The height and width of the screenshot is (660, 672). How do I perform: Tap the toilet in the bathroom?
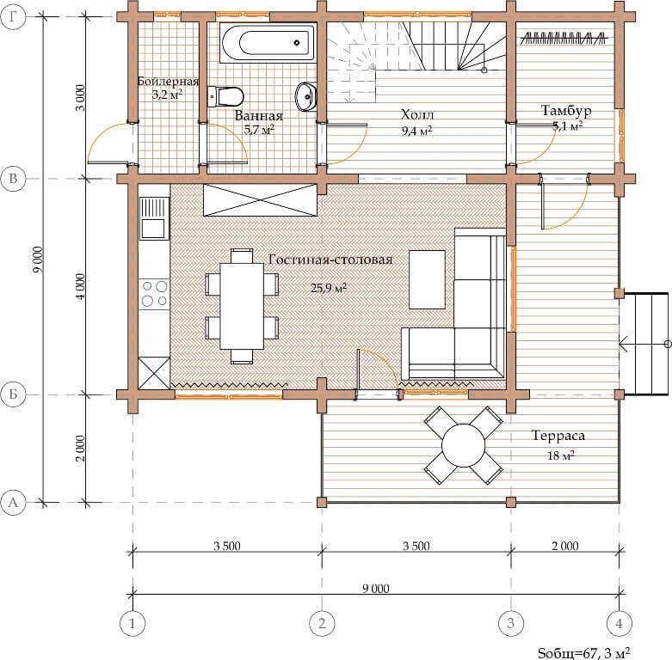[x=225, y=96]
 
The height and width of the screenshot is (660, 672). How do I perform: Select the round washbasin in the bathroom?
[x=306, y=96]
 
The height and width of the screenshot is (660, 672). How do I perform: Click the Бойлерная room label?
[x=168, y=82]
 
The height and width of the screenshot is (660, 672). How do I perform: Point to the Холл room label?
[x=417, y=114]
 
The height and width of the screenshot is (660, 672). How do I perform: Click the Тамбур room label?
[x=566, y=110]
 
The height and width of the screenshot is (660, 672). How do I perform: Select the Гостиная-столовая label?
[x=330, y=260]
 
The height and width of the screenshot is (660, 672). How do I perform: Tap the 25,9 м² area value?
[x=329, y=288]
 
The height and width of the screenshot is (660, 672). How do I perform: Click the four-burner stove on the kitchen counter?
[x=154, y=293]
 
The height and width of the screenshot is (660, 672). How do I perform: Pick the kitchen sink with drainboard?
[x=154, y=218]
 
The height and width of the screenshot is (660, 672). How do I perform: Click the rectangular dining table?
[x=242, y=306]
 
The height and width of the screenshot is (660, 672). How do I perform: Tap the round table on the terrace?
[x=463, y=445]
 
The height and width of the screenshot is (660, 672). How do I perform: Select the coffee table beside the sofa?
[x=427, y=279]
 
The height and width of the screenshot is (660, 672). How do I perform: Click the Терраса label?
[x=558, y=436]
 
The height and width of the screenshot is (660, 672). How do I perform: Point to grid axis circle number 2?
[x=322, y=623]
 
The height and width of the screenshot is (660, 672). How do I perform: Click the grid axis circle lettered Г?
[x=13, y=16]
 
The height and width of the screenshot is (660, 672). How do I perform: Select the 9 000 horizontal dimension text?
[x=376, y=589]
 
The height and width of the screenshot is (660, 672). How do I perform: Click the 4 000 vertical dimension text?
[x=81, y=287]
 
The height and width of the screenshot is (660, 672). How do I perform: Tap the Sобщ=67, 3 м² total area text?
[x=583, y=653]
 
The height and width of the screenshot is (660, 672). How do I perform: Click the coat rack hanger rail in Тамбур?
[x=564, y=39]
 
